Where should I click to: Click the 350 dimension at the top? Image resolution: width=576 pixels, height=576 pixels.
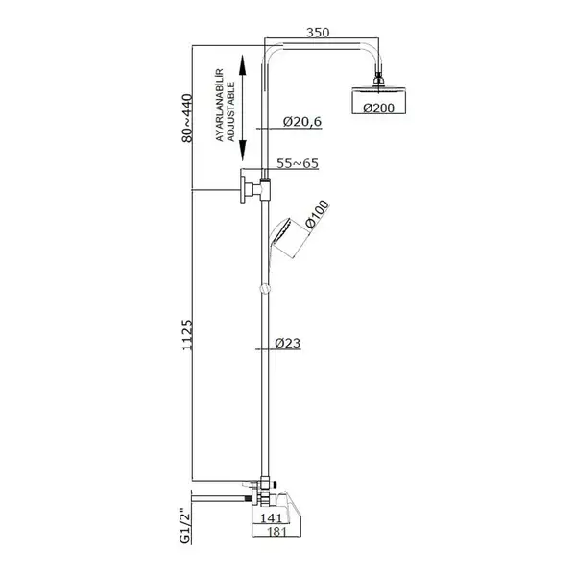[x=318, y=33]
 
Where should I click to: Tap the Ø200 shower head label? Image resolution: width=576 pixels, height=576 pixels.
[x=379, y=108]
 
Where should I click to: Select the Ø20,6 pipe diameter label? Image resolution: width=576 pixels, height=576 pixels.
[x=302, y=121]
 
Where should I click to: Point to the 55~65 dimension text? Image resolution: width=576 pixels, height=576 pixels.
[x=298, y=163]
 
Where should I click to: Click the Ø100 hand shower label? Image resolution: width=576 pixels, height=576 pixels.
[x=317, y=214]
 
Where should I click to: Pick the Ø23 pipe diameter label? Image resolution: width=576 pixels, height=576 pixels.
[x=288, y=343]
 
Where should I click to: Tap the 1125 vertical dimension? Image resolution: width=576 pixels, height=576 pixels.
[x=187, y=335]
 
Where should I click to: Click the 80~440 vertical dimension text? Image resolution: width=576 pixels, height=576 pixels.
[x=187, y=118]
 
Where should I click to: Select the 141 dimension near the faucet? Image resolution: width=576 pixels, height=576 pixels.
[x=271, y=518]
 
